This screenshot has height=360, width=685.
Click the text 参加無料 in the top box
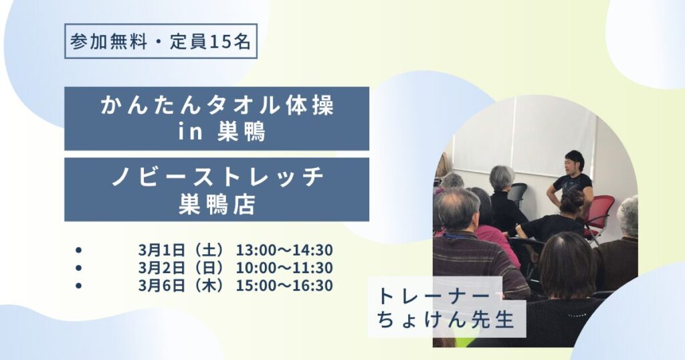click(x=109, y=41)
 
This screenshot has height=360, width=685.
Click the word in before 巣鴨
click(x=190, y=132)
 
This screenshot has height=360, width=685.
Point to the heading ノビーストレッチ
click(x=217, y=177)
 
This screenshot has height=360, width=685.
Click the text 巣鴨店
click(x=217, y=204)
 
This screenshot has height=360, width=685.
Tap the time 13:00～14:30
click(x=284, y=250)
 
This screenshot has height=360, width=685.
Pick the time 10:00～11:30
click(x=284, y=268)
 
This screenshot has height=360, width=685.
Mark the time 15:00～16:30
click(x=284, y=285)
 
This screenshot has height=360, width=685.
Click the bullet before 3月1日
click(x=79, y=250)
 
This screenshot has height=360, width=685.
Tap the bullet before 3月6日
click(x=79, y=286)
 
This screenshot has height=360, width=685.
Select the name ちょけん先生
click(x=446, y=320)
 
